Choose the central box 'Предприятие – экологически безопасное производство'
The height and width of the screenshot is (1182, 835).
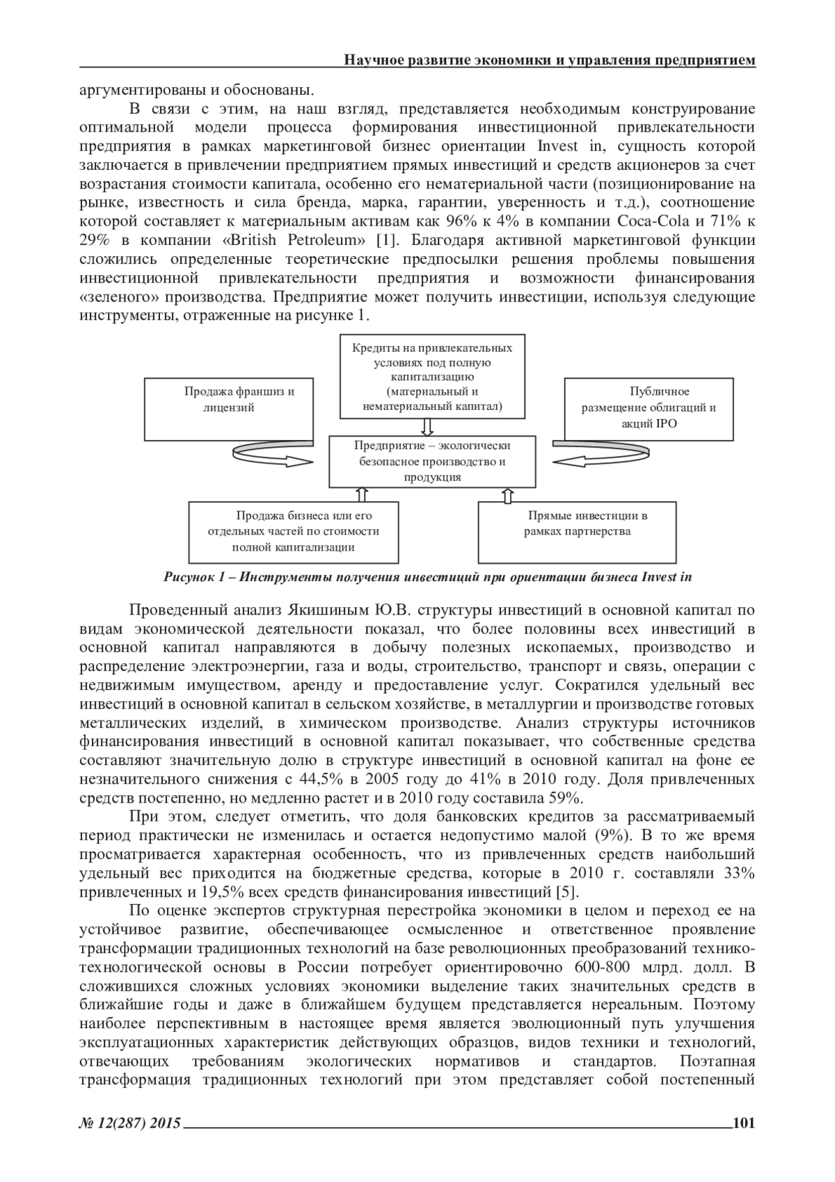click(432, 462)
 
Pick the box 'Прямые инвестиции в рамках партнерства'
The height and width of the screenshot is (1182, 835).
click(577, 532)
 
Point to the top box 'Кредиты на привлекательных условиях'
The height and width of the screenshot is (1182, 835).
click(432, 377)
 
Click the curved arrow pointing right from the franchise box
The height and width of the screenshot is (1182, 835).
click(271, 459)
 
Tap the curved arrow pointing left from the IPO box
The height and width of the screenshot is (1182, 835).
click(591, 459)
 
